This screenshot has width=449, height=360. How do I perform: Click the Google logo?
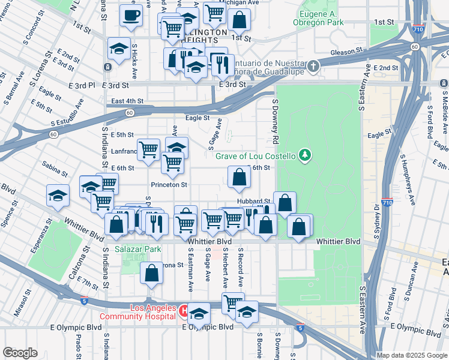(20, 353)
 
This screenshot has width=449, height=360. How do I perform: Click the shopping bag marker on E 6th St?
(239, 177)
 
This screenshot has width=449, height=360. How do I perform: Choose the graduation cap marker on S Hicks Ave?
(119, 49)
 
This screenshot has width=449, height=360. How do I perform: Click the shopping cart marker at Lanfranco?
(148, 149)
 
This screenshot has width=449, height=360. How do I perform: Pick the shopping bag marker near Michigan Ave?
(239, 19)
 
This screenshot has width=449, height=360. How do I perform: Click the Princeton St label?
(169, 185)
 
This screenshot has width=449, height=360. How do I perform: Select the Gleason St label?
(343, 53)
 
